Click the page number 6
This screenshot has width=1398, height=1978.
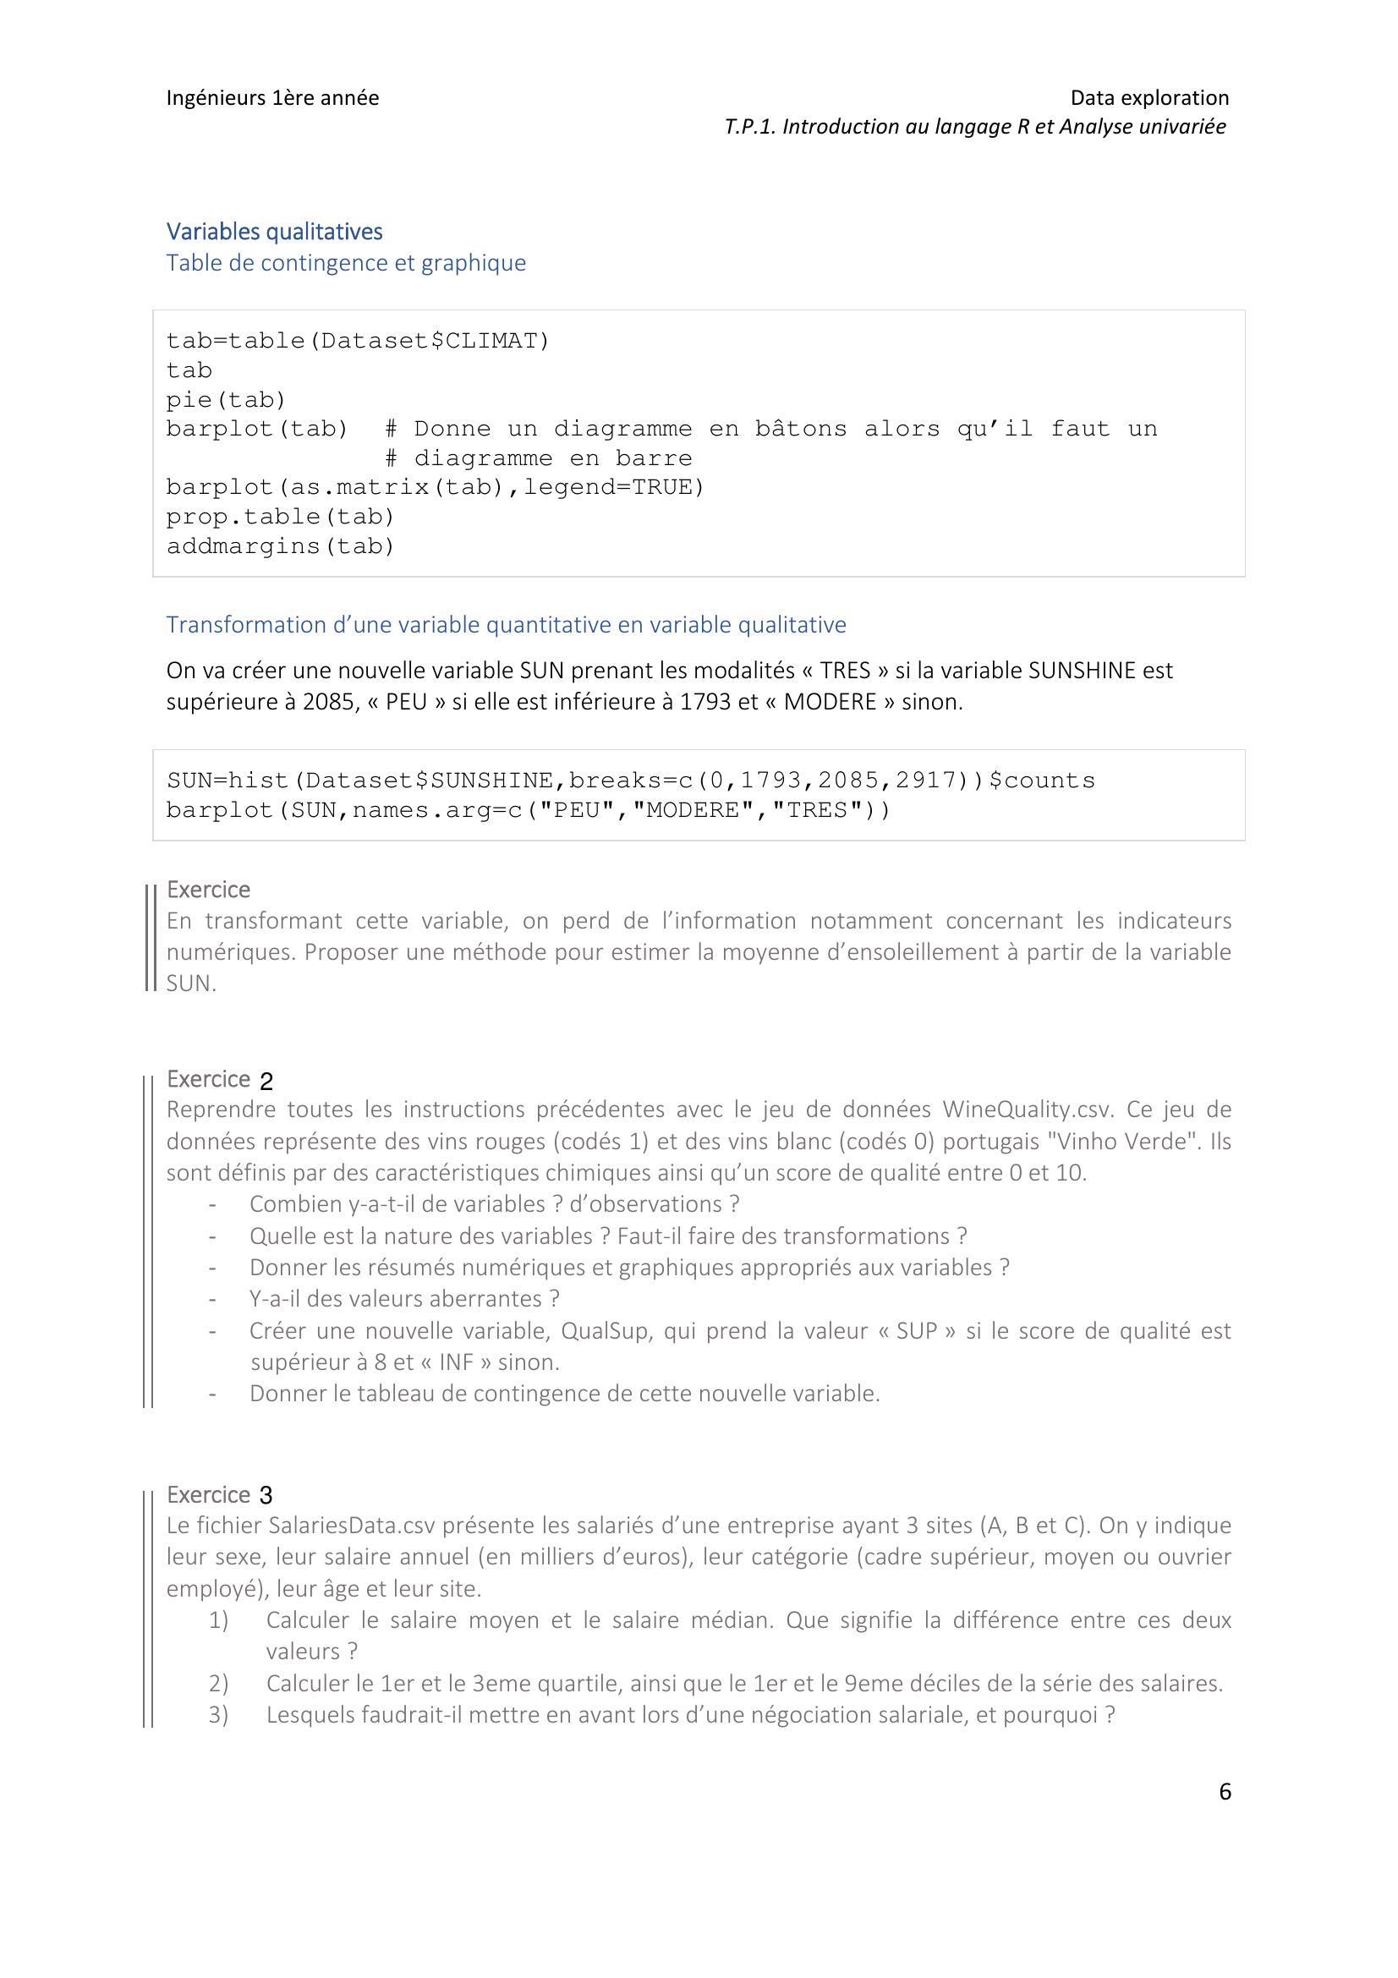click(x=1224, y=1792)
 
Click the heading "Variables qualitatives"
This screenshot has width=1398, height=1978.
click(x=274, y=231)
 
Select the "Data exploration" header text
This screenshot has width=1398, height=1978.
click(x=1149, y=97)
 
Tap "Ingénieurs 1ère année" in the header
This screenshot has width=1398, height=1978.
click(x=272, y=97)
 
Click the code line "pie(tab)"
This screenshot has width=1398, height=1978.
click(x=226, y=400)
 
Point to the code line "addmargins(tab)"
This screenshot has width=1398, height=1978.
click(x=280, y=546)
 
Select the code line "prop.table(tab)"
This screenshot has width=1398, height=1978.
click(x=280, y=517)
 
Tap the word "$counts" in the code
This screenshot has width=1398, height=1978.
click(x=1041, y=781)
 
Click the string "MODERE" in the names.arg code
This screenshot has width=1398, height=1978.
click(x=693, y=810)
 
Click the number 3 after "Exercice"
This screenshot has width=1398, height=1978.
click(x=266, y=1496)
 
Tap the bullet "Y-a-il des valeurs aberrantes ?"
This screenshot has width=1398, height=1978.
click(x=404, y=1298)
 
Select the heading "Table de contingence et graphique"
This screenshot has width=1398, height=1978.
click(x=345, y=263)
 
